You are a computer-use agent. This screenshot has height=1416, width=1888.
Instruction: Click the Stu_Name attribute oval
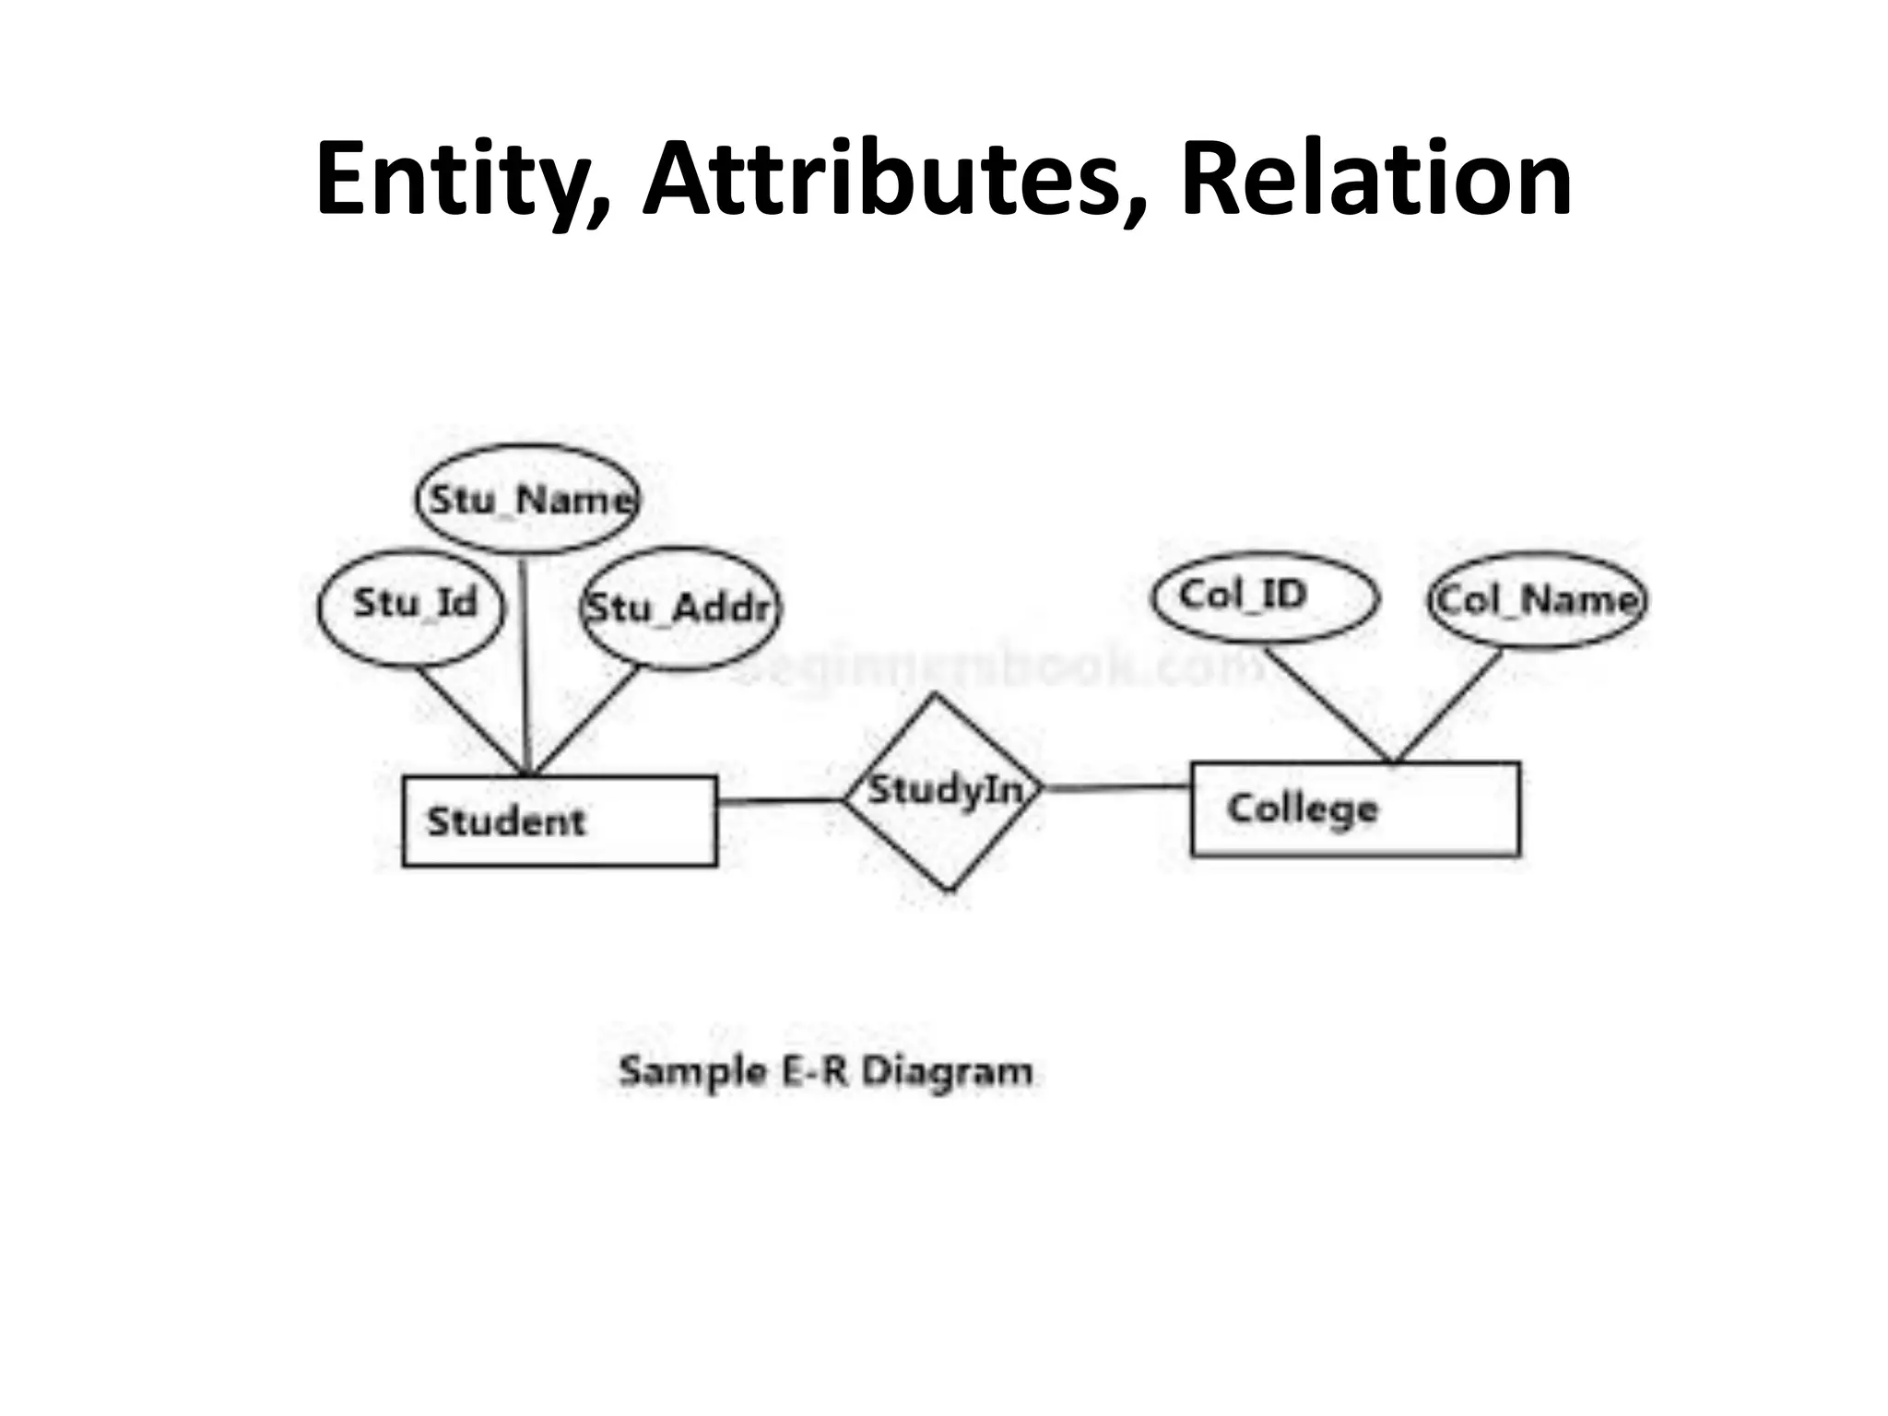coord(526,499)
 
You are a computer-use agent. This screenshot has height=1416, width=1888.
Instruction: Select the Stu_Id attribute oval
coord(411,608)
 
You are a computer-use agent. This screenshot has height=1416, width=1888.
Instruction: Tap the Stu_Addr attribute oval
coord(680,608)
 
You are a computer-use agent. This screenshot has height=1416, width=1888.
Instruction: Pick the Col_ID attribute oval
coord(1265,597)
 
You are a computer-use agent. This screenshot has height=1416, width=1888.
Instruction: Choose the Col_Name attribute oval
coord(1538,600)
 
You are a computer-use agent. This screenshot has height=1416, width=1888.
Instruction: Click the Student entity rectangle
coord(560,820)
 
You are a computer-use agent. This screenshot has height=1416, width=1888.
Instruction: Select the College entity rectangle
coord(1355,809)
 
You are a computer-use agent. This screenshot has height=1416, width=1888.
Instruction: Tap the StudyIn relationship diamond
coord(945,794)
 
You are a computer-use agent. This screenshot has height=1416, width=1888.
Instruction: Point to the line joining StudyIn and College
coord(1117,787)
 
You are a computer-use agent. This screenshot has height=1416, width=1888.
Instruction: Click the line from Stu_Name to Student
coord(525,664)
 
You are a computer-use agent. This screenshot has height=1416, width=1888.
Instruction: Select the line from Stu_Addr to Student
coord(586,720)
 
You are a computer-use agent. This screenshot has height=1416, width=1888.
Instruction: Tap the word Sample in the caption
coord(692,1072)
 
